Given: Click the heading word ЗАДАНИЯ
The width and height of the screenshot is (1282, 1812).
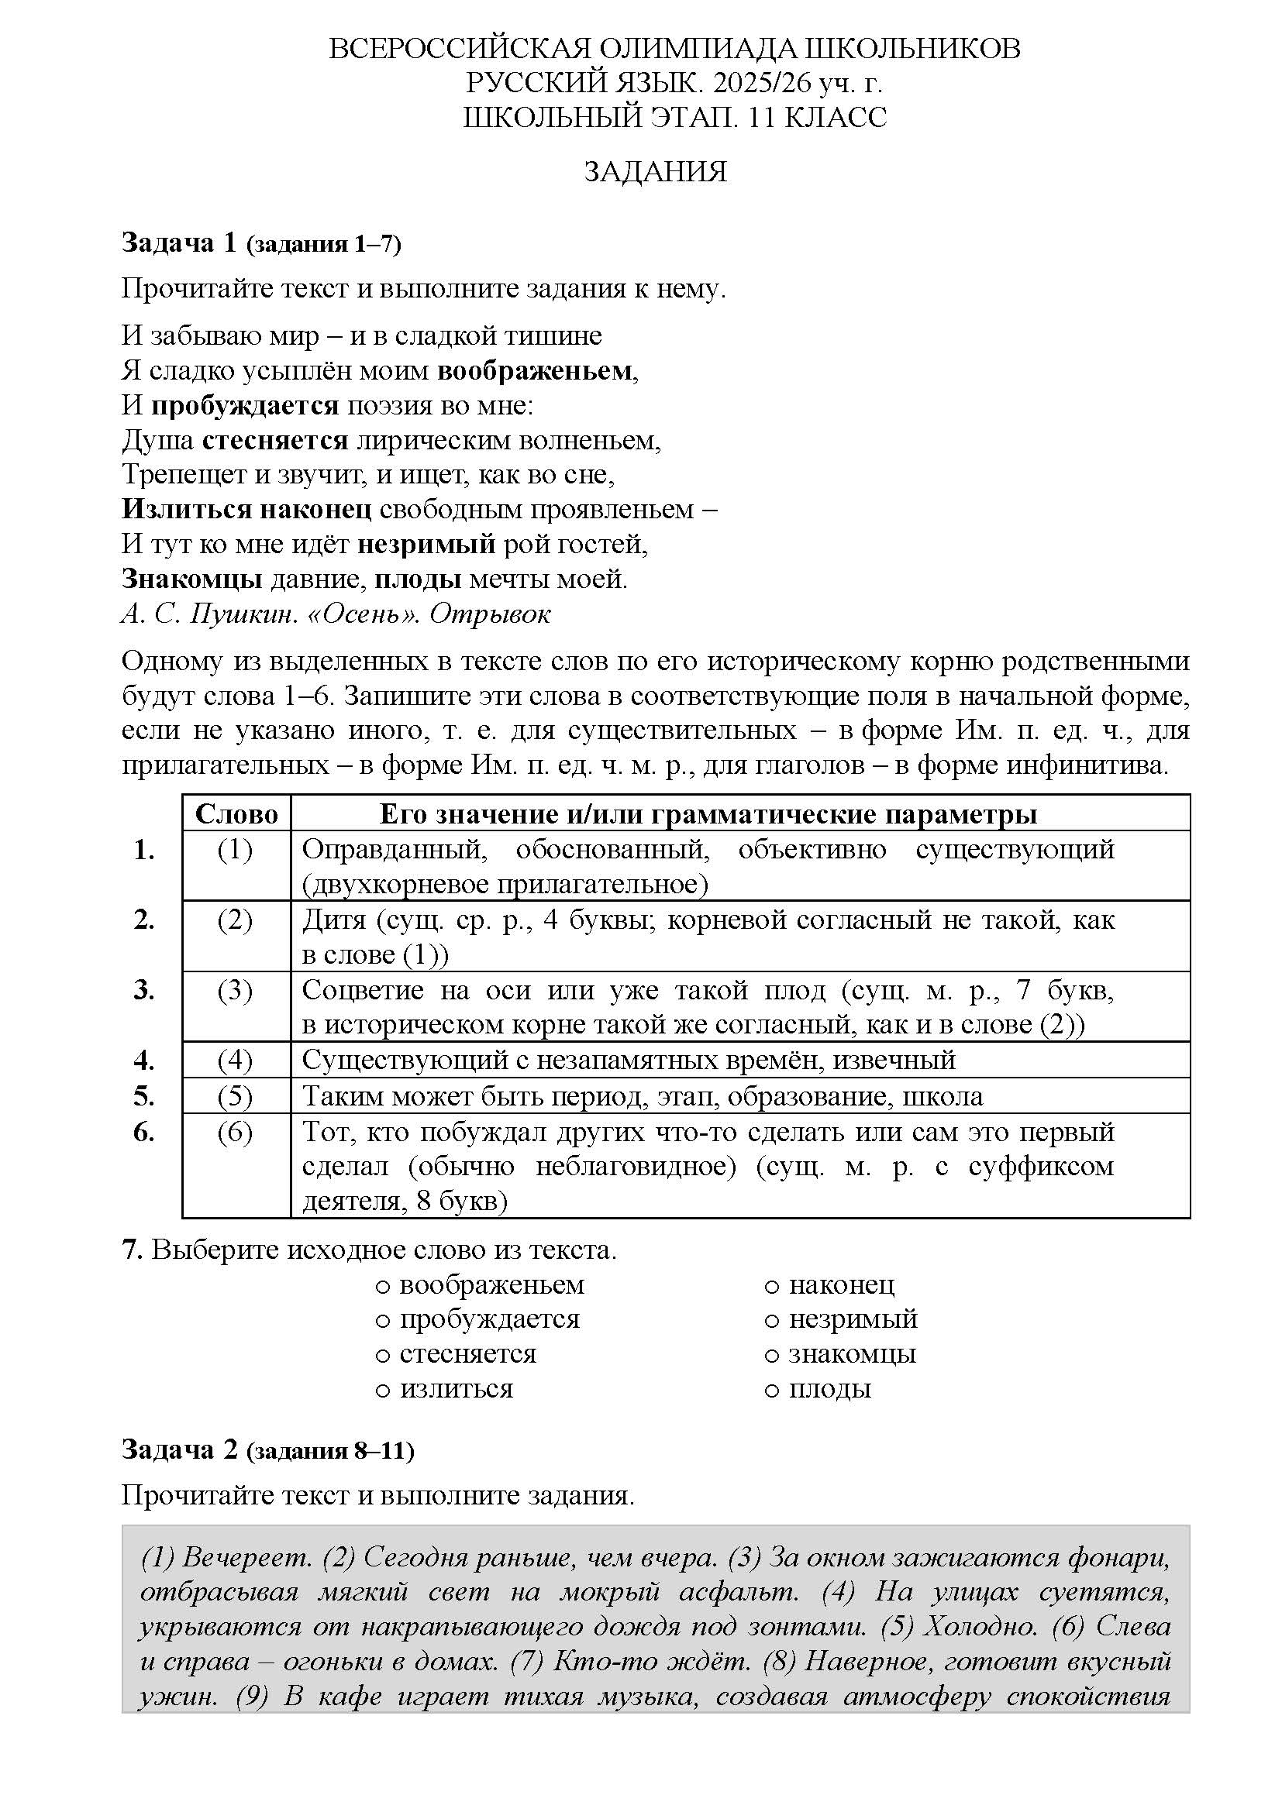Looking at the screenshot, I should pos(655,172).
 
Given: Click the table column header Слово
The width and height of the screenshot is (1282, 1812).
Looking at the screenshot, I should pos(236,814).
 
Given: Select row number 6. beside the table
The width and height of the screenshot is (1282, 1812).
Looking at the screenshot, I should pos(143,1133).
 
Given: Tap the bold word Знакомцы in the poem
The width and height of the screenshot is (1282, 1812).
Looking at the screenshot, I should pos(191,579).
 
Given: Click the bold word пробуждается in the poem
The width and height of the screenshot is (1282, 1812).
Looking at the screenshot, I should pos(245,406).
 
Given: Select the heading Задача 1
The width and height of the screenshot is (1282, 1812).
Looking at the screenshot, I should pos(179,243).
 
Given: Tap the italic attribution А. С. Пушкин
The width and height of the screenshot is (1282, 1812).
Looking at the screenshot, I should pos(209,614).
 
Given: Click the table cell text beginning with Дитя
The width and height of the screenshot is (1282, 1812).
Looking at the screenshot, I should pos(708,937).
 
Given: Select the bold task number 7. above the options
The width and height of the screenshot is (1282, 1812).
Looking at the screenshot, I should pos(131,1250).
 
